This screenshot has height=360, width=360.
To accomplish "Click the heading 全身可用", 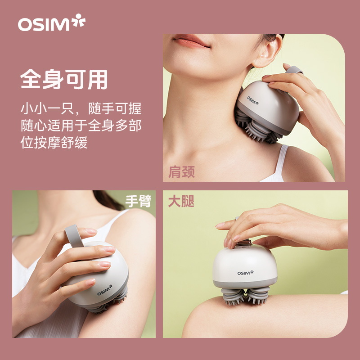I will [x=64, y=79].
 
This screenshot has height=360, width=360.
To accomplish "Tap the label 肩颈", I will [x=182, y=172].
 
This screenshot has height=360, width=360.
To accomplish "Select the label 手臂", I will [x=138, y=201].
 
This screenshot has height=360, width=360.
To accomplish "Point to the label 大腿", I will [x=181, y=201].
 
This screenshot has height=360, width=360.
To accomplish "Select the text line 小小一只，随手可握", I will [x=81, y=108].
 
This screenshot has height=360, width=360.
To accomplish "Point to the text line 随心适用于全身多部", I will [x=81, y=126].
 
